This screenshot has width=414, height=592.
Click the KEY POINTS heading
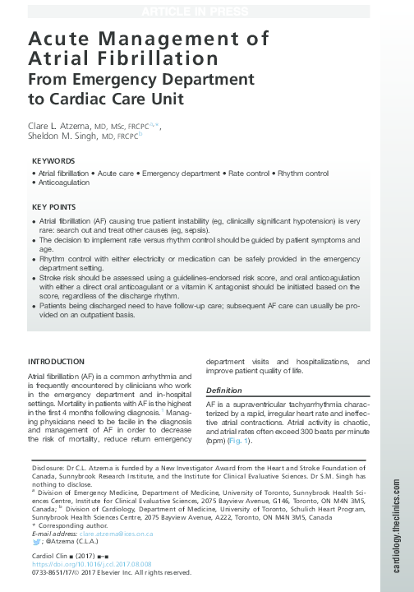click(54, 207)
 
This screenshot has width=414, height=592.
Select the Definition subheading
click(224, 390)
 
